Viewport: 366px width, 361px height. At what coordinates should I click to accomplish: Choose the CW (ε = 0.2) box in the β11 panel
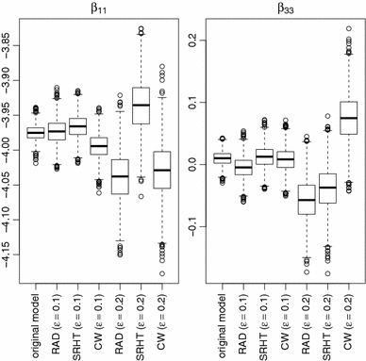click(x=161, y=170)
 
